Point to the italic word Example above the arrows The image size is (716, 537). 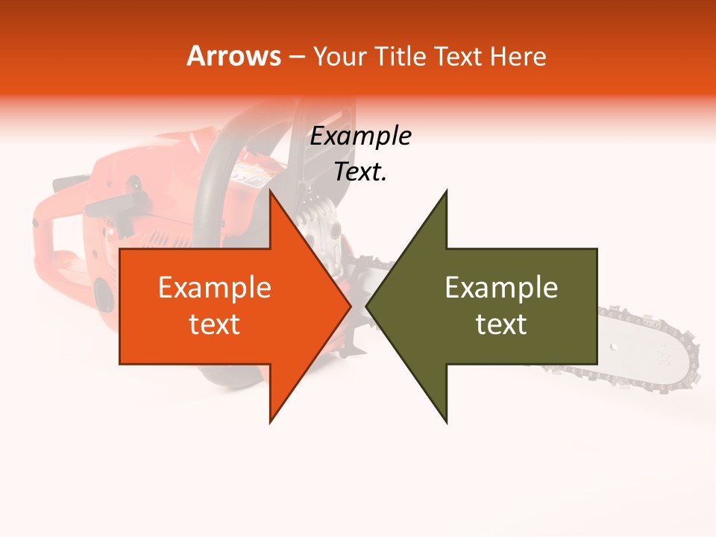[360, 136]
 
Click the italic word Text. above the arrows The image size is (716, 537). [360, 172]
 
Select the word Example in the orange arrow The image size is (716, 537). [215, 288]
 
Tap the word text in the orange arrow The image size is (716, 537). [215, 324]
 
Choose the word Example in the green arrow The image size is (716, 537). [501, 288]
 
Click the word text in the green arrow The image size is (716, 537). [501, 324]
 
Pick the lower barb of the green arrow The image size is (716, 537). [446, 420]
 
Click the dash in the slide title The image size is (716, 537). [296, 57]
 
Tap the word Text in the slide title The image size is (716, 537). [459, 56]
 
